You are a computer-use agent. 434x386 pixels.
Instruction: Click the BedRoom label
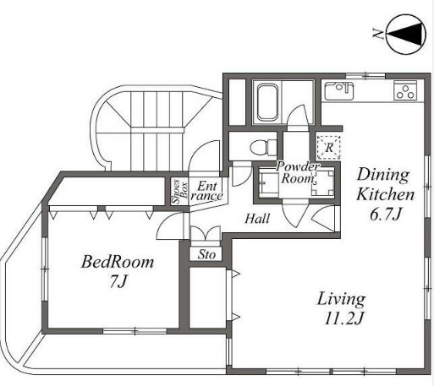(118, 262)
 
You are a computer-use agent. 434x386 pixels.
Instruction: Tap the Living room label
(341, 299)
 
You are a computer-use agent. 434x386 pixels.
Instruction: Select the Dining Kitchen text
(385, 184)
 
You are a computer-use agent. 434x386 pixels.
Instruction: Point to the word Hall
(257, 219)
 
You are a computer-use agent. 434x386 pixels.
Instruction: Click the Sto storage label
(206, 254)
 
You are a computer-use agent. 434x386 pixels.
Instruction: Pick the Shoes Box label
(179, 192)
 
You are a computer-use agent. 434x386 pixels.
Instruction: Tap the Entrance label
(207, 191)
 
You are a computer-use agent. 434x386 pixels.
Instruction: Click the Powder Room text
(298, 172)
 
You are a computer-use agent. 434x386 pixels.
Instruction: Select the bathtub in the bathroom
(268, 102)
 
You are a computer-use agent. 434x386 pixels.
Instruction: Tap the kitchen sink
(339, 90)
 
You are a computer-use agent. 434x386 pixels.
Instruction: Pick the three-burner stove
(405, 90)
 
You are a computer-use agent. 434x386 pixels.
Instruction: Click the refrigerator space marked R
(329, 148)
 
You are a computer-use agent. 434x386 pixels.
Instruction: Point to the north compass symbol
(405, 35)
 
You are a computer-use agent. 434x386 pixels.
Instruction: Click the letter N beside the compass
(378, 34)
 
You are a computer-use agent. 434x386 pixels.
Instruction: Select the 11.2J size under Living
(343, 319)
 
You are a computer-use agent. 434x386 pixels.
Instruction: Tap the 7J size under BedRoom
(118, 281)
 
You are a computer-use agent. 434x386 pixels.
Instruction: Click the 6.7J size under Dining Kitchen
(385, 215)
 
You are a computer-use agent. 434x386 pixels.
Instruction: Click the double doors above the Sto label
(205, 233)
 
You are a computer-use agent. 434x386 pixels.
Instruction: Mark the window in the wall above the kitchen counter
(365, 76)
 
